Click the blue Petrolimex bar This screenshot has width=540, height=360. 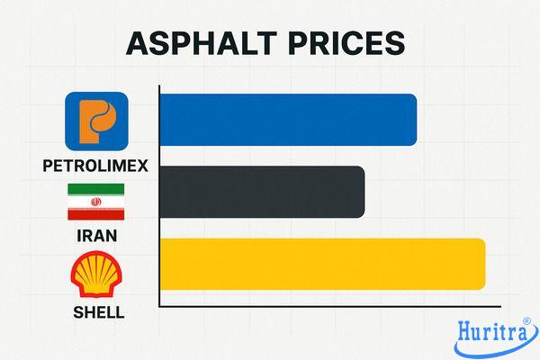pos(288,120)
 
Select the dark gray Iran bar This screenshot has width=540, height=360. pos(262,192)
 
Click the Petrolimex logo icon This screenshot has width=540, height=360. pos(96,122)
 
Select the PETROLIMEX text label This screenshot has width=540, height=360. pos(96,166)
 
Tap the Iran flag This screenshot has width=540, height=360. pos(96,202)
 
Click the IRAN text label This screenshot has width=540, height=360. pos(96,238)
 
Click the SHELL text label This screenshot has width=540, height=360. pos(96,313)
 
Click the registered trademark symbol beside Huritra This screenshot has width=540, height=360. pos(529,320)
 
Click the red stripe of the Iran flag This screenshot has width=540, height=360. pos(96,215)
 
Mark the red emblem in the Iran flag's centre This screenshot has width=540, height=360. pos(96,202)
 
